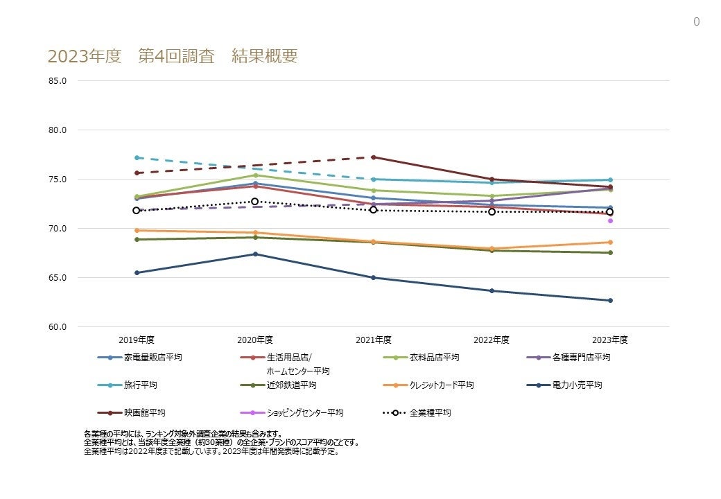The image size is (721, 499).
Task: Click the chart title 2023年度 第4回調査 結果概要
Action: pyautogui.click(x=173, y=57)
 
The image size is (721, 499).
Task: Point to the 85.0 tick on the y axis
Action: pyautogui.click(x=58, y=80)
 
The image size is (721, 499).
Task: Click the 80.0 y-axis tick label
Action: pyautogui.click(x=58, y=130)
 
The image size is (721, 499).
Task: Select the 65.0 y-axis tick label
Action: pyautogui.click(x=58, y=277)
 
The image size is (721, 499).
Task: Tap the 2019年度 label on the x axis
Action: pyautogui.click(x=137, y=340)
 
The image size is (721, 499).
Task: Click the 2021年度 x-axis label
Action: pyautogui.click(x=374, y=340)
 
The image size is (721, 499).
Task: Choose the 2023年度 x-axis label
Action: pyautogui.click(x=610, y=340)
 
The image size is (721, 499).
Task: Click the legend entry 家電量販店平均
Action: pyautogui.click(x=153, y=358)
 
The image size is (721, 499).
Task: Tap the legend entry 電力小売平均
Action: pyautogui.click(x=577, y=385)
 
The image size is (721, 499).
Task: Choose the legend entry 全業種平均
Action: pyautogui.click(x=430, y=412)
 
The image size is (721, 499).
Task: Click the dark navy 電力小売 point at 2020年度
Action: pyautogui.click(x=255, y=254)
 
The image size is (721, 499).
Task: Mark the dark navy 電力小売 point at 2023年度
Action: pyautogui.click(x=610, y=300)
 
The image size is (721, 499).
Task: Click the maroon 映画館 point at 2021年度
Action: pyautogui.click(x=374, y=157)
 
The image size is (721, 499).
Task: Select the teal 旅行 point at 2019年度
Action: pyautogui.click(x=137, y=157)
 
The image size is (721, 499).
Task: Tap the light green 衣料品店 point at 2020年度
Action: pyautogui.click(x=255, y=175)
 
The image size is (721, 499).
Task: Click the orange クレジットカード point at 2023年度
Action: pyautogui.click(x=610, y=242)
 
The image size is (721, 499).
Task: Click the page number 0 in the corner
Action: pyautogui.click(x=696, y=22)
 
